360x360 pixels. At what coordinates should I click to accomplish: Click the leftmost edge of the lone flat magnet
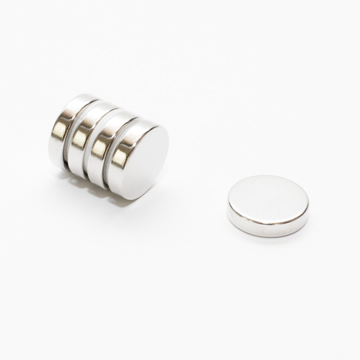pos(228,205)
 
